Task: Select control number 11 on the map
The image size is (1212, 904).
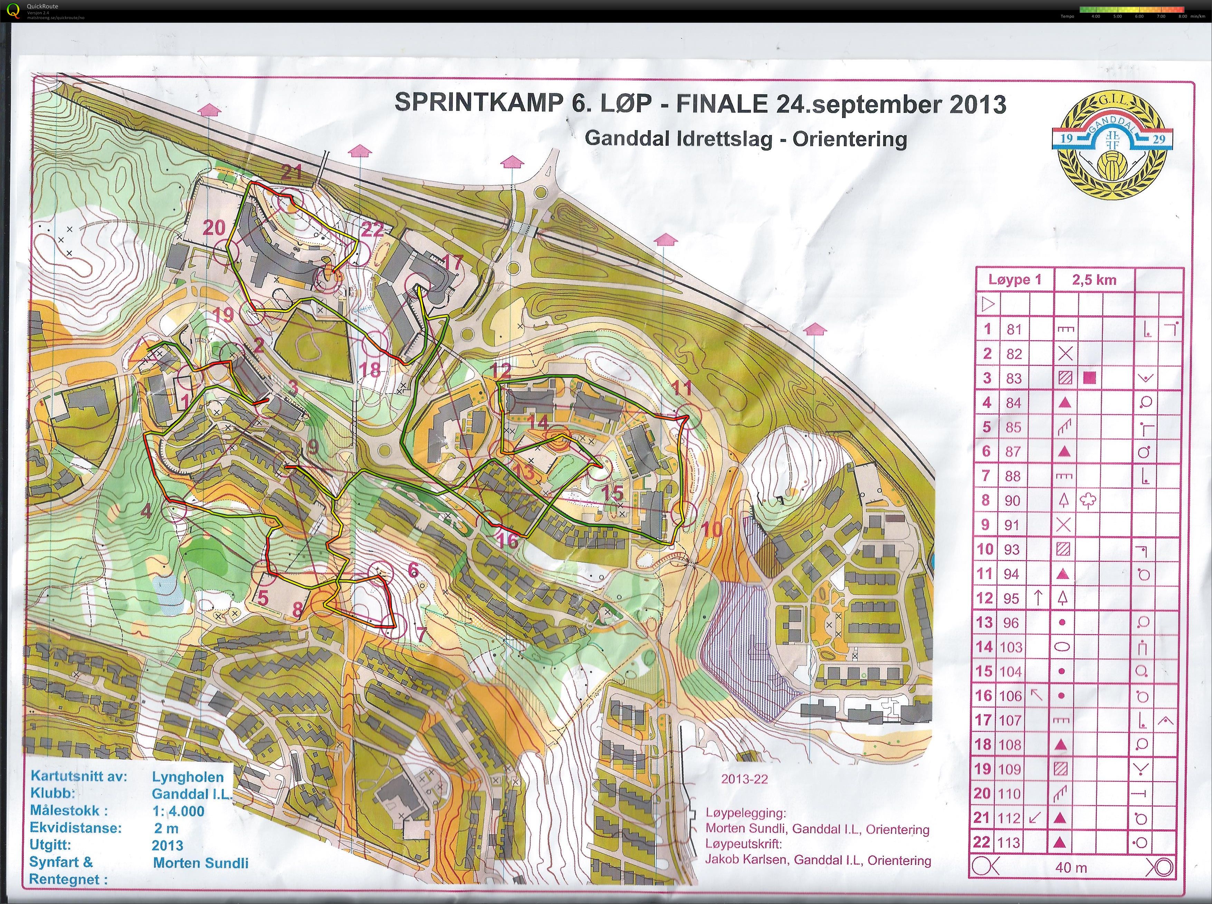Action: click(682, 389)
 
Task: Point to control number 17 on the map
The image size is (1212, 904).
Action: click(452, 262)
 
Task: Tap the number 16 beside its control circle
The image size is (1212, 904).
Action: click(508, 541)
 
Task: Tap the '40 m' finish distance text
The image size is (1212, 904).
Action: click(1071, 867)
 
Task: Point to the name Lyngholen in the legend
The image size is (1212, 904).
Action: click(188, 777)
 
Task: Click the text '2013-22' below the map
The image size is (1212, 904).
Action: click(744, 779)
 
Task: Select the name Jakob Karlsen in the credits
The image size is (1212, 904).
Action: click(746, 860)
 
